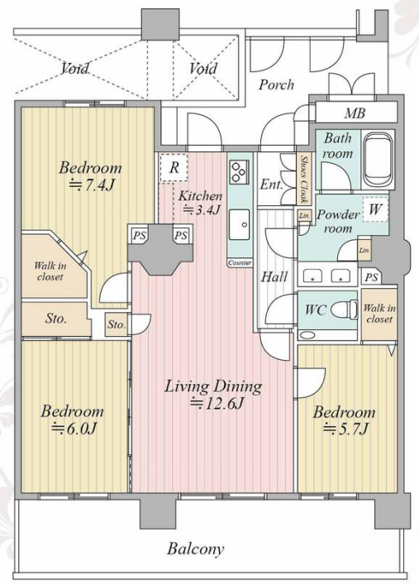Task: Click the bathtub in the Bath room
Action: (x=378, y=160)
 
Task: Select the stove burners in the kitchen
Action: (x=238, y=172)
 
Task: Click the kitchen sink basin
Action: (x=240, y=224)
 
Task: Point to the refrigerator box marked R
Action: (x=174, y=167)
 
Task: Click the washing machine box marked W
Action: (x=375, y=209)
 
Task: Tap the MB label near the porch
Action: (x=355, y=113)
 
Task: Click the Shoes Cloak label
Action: (x=304, y=179)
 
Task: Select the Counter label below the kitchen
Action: (x=240, y=263)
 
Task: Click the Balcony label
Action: (x=196, y=549)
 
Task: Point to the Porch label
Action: (x=276, y=84)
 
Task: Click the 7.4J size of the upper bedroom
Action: (x=92, y=185)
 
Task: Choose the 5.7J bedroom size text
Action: (x=346, y=429)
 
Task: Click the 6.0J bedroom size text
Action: (x=74, y=428)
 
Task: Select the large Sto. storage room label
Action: (x=56, y=319)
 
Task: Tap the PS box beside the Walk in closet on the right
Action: (x=371, y=277)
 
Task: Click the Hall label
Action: (x=274, y=277)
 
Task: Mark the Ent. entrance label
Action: (x=271, y=185)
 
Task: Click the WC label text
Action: (x=316, y=309)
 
